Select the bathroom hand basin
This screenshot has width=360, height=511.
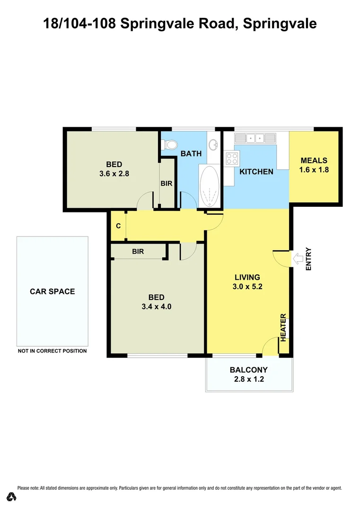(213, 144)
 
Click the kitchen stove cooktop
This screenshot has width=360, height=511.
(232, 158)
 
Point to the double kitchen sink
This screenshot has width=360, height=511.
(255, 138)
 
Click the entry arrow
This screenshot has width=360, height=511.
(299, 258)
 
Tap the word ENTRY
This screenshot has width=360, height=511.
(308, 259)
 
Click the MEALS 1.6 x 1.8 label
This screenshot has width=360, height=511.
(314, 165)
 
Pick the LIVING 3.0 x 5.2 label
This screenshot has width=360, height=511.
(247, 282)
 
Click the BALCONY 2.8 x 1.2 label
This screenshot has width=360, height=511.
(249, 374)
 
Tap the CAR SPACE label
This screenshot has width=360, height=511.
(52, 291)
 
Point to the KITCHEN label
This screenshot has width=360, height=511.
(256, 172)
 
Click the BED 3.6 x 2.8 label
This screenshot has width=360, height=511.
(114, 169)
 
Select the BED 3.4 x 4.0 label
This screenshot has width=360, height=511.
(156, 301)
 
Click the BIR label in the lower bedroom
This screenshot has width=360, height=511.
(138, 252)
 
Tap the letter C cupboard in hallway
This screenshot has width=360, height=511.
(118, 226)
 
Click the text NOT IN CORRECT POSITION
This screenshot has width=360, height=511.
(52, 351)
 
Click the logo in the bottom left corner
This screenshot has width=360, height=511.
(12, 496)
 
